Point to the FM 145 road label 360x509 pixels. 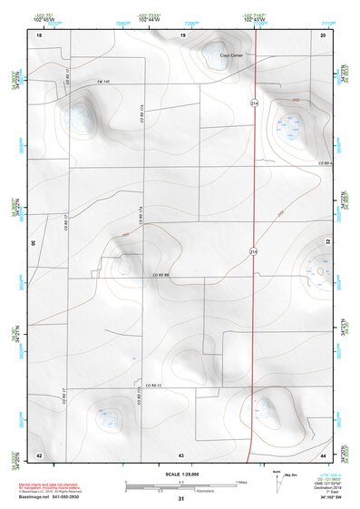coord(103,81)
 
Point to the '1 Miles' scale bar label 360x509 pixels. coord(240,481)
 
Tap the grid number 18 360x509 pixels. coord(39,34)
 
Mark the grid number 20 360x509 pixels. coord(324,34)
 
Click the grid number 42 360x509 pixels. coord(39,454)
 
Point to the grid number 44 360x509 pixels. coord(324,454)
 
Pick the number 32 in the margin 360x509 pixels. coord(328,243)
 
